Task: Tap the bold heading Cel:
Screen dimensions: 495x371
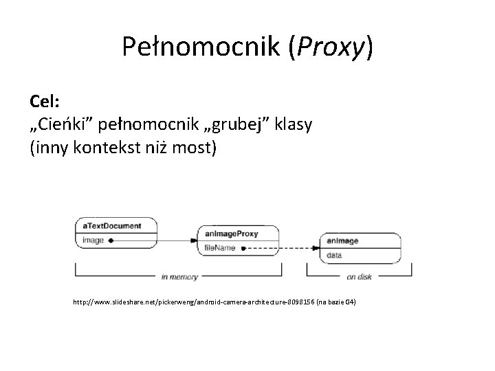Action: pos(45,102)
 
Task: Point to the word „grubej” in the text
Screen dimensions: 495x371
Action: pos(232,124)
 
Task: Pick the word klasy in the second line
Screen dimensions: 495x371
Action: pos(294,124)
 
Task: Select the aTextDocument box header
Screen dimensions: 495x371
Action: pos(112,226)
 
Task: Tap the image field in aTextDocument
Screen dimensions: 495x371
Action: pos(93,240)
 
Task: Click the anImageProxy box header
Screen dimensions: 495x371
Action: pos(231,234)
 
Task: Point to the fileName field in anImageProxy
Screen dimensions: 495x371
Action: pos(219,247)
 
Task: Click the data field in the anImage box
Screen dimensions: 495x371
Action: pos(334,255)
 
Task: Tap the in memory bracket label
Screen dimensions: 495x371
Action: pos(179,277)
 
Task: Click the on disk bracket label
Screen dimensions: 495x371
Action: pos(360,277)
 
